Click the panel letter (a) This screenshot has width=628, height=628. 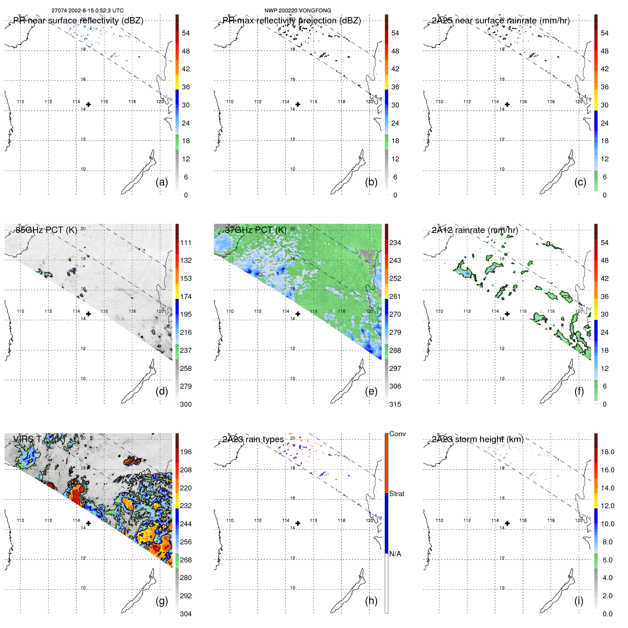162,182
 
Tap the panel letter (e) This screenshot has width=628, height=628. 371,391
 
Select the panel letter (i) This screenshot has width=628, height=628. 579,601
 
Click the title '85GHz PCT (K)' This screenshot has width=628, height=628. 46,230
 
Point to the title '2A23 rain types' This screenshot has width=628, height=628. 253,439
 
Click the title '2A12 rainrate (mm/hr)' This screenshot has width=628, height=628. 475,230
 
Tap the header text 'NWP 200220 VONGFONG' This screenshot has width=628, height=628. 298,11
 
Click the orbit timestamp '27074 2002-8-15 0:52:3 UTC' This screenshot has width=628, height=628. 88,11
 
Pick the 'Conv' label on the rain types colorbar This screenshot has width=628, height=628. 397,434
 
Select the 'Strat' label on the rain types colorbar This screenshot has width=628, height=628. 396,494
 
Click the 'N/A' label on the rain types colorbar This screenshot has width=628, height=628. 395,554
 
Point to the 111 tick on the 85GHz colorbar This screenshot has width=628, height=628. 186,243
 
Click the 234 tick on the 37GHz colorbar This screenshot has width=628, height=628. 395,243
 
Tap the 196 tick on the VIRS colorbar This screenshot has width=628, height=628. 186,452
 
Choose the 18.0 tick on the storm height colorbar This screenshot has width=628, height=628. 607,452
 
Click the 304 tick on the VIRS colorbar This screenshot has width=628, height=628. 186,614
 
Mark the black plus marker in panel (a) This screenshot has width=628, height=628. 88,104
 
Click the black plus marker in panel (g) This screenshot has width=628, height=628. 88,523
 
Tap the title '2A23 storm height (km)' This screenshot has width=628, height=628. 478,439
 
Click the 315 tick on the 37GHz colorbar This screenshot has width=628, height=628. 395,404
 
